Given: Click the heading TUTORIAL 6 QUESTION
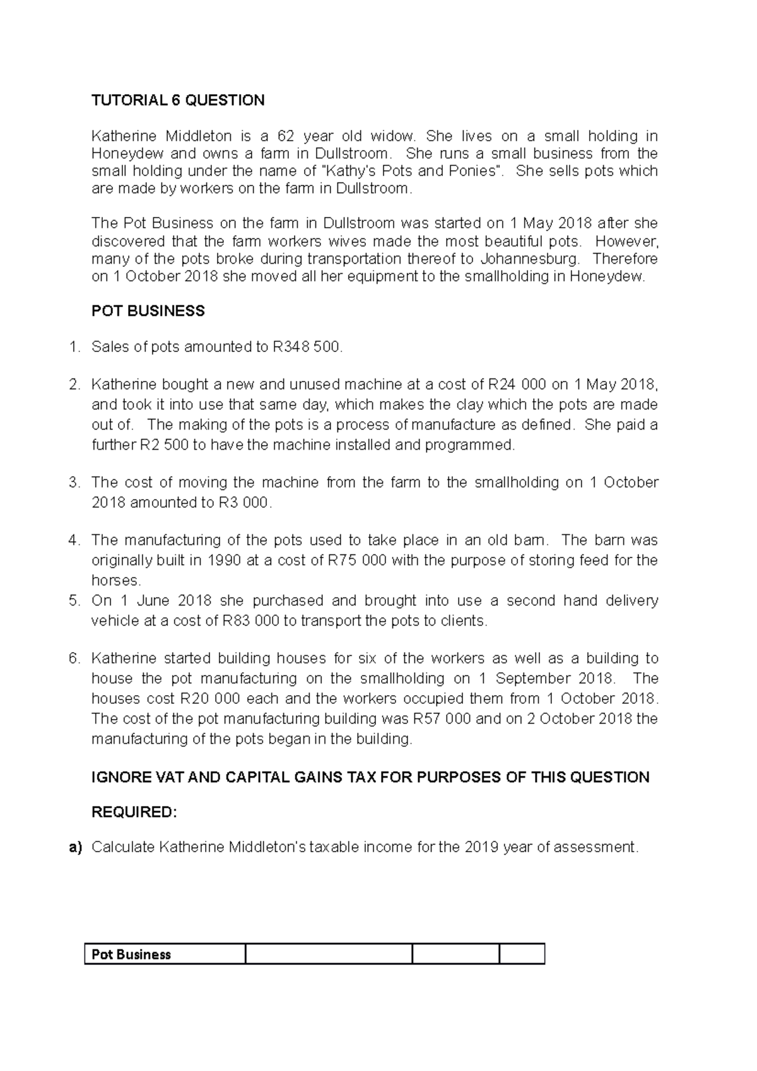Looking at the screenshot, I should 178,100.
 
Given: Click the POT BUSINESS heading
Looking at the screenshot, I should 148,311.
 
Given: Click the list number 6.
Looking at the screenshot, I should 74,658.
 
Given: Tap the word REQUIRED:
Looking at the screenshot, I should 134,812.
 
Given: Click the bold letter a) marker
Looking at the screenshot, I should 76,847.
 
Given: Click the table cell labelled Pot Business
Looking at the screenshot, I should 164,954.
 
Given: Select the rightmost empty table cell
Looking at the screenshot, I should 522,954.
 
